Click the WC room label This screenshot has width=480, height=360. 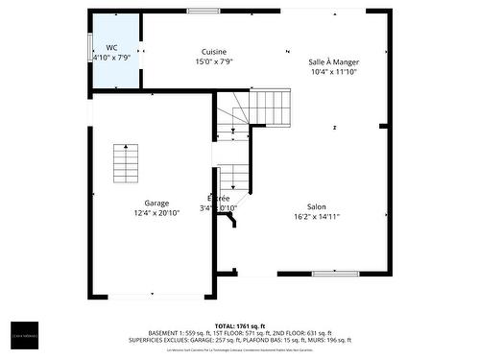click(x=112, y=47)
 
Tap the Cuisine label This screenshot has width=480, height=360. click(x=214, y=52)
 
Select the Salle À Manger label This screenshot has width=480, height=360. click(x=333, y=61)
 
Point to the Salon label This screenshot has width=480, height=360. click(x=316, y=206)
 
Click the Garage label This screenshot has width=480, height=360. click(x=156, y=203)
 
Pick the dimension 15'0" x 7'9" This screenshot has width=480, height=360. click(x=214, y=61)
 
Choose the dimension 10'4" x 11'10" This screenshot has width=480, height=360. click(x=333, y=71)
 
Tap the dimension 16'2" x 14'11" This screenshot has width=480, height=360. click(x=316, y=216)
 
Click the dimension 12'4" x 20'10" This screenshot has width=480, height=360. click(x=156, y=212)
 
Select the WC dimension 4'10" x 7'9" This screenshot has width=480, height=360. click(x=112, y=57)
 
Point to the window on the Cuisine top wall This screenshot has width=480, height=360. click(x=203, y=11)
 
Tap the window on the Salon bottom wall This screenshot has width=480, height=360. click(x=336, y=274)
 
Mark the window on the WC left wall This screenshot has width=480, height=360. click(x=90, y=48)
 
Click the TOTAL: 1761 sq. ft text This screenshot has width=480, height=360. click(x=240, y=326)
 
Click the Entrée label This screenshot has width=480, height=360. click(x=219, y=199)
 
